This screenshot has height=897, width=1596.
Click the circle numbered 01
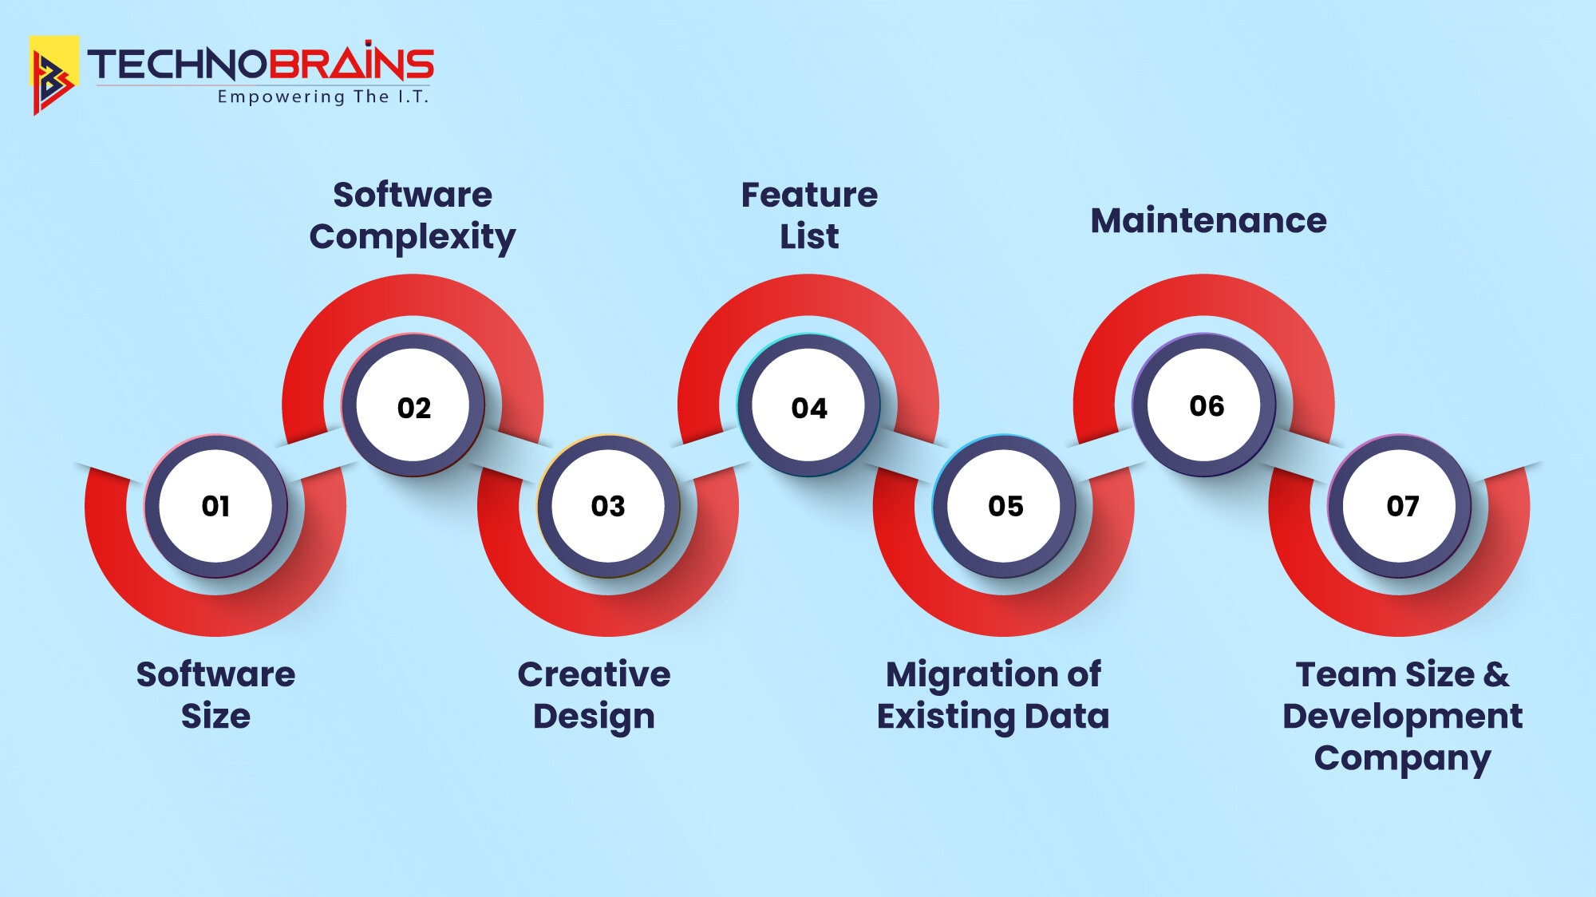click(x=215, y=506)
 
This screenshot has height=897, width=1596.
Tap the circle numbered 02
click(x=413, y=408)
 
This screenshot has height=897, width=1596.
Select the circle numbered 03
click(x=608, y=506)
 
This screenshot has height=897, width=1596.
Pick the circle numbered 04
click(x=809, y=408)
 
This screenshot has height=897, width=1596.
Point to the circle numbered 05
click(x=1005, y=506)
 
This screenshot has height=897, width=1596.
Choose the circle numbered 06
click(x=1206, y=406)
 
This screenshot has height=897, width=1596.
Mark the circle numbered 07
click(x=1402, y=506)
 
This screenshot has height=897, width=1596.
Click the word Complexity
click(x=413, y=237)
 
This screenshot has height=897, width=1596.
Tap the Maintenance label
click(x=1208, y=220)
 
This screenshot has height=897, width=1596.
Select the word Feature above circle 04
click(x=809, y=195)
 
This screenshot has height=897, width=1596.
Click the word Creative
click(x=594, y=674)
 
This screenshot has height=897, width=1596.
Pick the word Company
click(x=1402, y=758)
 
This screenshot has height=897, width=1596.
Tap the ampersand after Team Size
click(x=1496, y=674)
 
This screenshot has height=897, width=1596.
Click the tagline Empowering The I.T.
click(x=323, y=97)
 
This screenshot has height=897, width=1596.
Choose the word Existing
click(x=946, y=716)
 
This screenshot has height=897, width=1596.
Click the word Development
click(x=1402, y=716)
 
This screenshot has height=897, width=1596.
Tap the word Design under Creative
click(x=594, y=716)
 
